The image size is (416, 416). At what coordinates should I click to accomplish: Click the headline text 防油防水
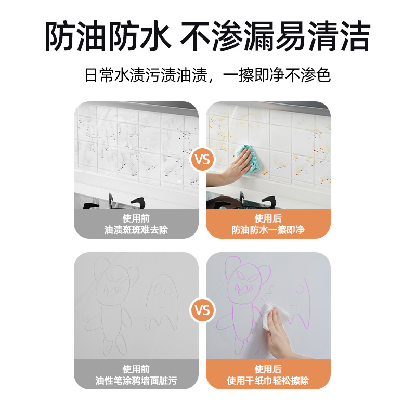pyautogui.click(x=108, y=36)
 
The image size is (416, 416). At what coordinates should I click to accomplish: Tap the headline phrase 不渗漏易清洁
pyautogui.click(x=275, y=36)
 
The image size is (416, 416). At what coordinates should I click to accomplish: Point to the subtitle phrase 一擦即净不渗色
pyautogui.click(x=277, y=75)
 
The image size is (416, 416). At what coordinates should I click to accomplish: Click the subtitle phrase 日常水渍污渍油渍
pyautogui.click(x=146, y=75)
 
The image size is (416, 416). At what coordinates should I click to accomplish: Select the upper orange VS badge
pyautogui.click(x=202, y=160)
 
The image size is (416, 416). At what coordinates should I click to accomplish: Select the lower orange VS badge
pyautogui.click(x=202, y=310)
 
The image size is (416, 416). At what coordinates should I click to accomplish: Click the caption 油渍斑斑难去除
pyautogui.click(x=136, y=230)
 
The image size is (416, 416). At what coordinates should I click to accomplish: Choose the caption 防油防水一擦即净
pyautogui.click(x=268, y=230)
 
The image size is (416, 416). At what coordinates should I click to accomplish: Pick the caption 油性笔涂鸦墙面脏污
pyautogui.click(x=136, y=381)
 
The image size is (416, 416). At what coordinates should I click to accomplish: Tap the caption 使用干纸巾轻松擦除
pyautogui.click(x=268, y=381)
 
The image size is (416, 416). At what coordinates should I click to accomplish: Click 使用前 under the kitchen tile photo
pyautogui.click(x=136, y=218)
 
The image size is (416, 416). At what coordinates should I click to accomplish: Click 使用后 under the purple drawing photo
pyautogui.click(x=268, y=369)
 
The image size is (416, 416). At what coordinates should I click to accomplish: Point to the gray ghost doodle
pyautogui.click(x=162, y=303)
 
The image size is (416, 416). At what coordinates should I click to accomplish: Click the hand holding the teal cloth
pyautogui.click(x=233, y=167)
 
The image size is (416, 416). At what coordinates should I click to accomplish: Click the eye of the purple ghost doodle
pyautogui.click(x=301, y=289)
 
